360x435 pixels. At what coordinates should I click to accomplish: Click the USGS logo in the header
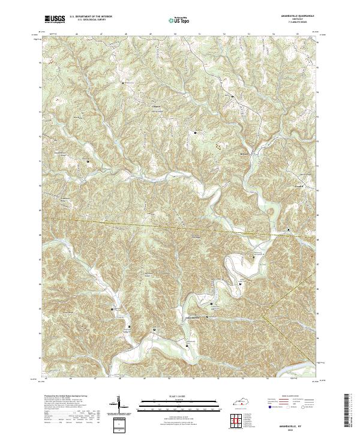pos(54,20)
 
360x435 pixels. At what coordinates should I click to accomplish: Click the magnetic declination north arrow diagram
pos(118,405)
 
